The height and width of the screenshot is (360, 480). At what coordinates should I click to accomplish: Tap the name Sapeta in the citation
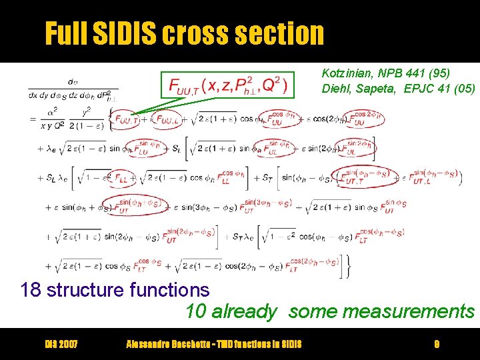tap(381, 88)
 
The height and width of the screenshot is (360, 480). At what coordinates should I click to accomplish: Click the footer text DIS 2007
tap(61, 344)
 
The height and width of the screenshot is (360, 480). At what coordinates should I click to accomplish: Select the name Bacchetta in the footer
tap(193, 344)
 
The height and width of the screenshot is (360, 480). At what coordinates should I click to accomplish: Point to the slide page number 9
tap(436, 344)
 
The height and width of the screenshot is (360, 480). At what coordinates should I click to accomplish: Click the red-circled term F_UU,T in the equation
tap(127, 119)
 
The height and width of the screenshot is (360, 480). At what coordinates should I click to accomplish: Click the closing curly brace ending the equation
tap(346, 267)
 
